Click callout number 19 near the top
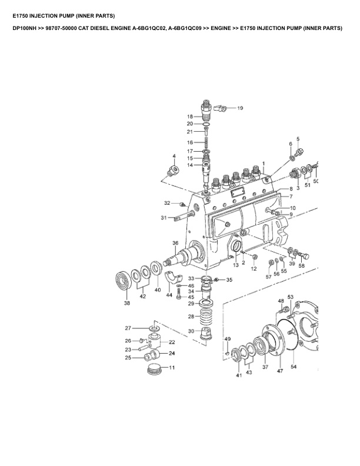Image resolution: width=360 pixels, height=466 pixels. (x=240, y=108)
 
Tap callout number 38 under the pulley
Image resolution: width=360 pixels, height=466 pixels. (x=127, y=304)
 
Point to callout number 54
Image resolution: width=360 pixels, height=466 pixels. (x=294, y=367)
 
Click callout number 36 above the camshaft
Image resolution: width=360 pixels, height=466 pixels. (x=175, y=243)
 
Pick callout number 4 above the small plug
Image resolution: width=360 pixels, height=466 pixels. (x=174, y=157)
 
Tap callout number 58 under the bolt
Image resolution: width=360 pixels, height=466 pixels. (x=302, y=266)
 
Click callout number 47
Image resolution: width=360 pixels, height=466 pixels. (x=280, y=372)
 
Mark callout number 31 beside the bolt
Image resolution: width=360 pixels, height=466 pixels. (x=164, y=218)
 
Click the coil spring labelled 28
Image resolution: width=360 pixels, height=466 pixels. (x=205, y=320)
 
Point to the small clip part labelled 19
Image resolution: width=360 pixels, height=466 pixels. (x=221, y=108)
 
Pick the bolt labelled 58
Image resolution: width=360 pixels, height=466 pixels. (x=305, y=255)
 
